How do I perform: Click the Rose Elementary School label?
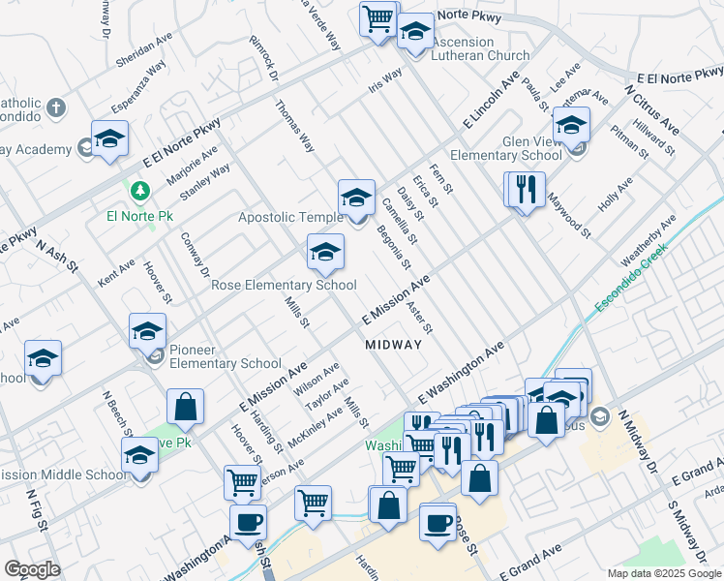pyautogui.click(x=284, y=285)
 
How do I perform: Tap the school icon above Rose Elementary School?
pyautogui.click(x=325, y=253)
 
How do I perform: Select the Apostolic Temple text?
pyautogui.click(x=290, y=217)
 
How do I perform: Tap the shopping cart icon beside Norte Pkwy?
pyautogui.click(x=378, y=17)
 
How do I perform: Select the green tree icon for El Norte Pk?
pyautogui.click(x=141, y=190)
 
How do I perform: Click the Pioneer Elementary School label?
pyautogui.click(x=226, y=356)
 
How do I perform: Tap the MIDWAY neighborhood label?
pyautogui.click(x=394, y=345)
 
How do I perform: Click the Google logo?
pyautogui.click(x=32, y=569)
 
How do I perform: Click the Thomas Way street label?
pyautogui.click(x=295, y=126)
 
